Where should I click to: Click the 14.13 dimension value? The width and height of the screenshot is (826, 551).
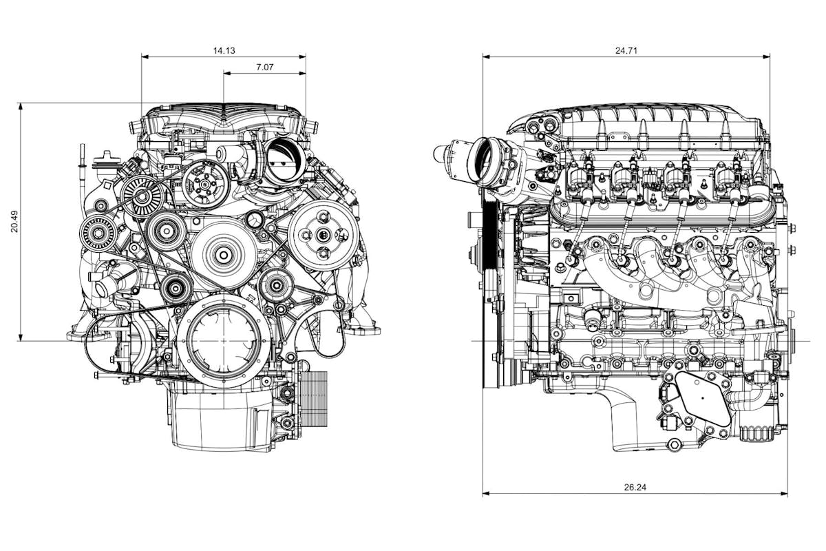(x=224, y=50)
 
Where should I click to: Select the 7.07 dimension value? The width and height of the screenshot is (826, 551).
(x=265, y=67)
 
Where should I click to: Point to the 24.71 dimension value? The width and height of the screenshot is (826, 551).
(x=625, y=50)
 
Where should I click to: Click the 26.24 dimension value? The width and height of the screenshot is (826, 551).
(x=635, y=487)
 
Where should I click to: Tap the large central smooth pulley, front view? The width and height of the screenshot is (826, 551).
(x=224, y=255)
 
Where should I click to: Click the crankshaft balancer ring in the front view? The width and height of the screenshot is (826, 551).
(x=224, y=342)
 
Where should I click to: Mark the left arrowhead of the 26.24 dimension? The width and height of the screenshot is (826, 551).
(x=485, y=493)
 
